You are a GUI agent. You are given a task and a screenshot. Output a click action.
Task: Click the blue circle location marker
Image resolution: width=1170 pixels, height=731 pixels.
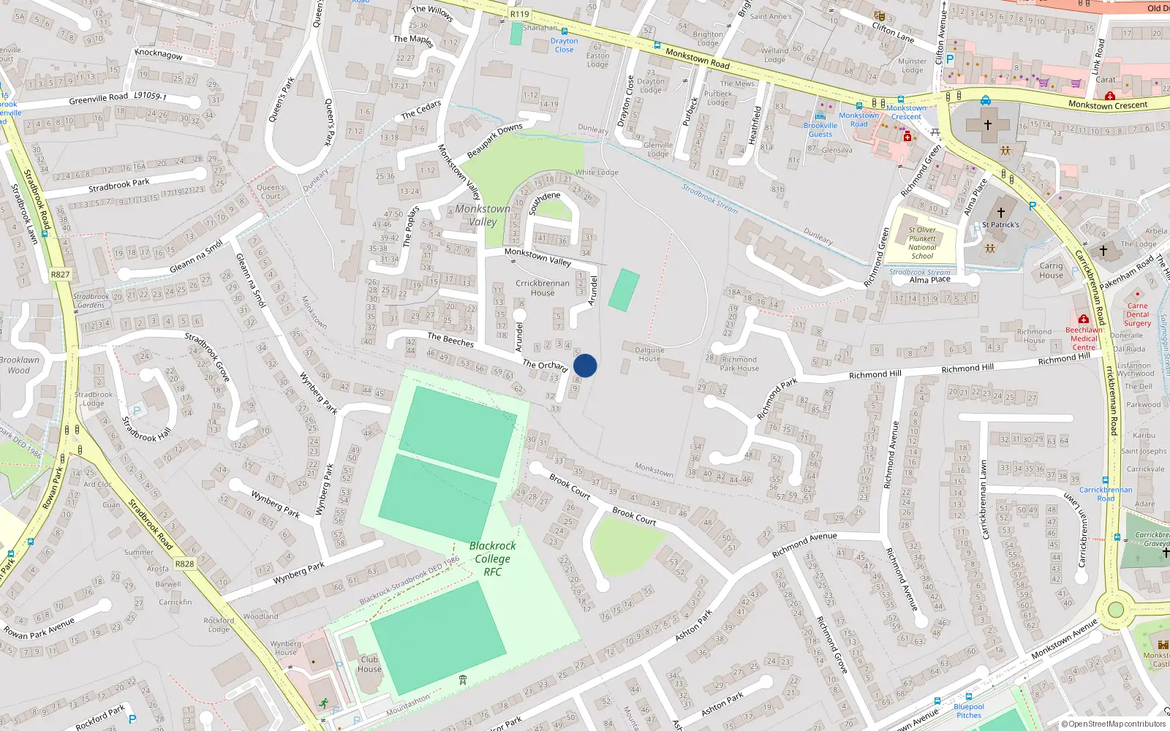(x=585, y=365)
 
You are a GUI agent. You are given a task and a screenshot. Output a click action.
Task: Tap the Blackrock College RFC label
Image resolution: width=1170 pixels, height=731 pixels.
(x=492, y=558)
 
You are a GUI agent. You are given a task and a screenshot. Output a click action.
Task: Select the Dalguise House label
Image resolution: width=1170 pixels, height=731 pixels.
(x=649, y=354)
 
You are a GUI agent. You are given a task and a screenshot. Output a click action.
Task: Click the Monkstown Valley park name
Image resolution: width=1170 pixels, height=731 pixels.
(x=483, y=215)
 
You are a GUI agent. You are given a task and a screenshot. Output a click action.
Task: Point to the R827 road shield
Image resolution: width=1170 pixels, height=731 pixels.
(x=60, y=275)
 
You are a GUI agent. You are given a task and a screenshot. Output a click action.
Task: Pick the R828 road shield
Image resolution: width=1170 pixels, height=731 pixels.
(x=184, y=564)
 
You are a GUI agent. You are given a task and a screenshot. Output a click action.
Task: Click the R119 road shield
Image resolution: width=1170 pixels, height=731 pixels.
(x=519, y=14)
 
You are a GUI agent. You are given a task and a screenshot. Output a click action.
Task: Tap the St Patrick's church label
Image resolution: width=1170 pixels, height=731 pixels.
(x=1000, y=224)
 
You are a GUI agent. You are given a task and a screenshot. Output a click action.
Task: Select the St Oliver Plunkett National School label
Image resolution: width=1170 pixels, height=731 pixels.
(x=922, y=243)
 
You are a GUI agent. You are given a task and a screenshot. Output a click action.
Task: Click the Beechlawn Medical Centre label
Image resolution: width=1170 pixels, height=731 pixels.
(x=1084, y=338)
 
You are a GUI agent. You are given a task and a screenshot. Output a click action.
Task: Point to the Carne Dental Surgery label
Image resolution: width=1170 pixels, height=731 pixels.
(x=1137, y=314)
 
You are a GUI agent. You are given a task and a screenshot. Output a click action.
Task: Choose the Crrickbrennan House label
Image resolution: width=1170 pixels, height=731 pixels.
(x=543, y=288)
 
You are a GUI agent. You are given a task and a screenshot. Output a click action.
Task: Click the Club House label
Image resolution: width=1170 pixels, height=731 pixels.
(x=369, y=664)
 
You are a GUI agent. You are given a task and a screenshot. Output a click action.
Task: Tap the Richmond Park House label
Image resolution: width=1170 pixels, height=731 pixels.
(x=739, y=363)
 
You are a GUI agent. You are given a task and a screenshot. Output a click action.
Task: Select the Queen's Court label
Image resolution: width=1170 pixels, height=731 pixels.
(x=271, y=192)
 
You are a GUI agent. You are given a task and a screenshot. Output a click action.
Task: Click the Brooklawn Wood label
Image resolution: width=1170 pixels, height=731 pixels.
(x=20, y=365)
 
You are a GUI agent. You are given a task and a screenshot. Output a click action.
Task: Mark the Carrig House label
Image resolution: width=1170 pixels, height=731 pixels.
(x=1051, y=270)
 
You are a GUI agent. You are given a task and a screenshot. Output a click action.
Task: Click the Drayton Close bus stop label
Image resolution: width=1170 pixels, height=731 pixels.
(x=564, y=45)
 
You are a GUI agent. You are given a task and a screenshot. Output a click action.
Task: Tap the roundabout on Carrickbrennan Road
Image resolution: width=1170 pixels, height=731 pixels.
(x=1115, y=609)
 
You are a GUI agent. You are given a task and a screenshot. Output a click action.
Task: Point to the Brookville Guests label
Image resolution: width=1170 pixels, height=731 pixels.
(x=820, y=129)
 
